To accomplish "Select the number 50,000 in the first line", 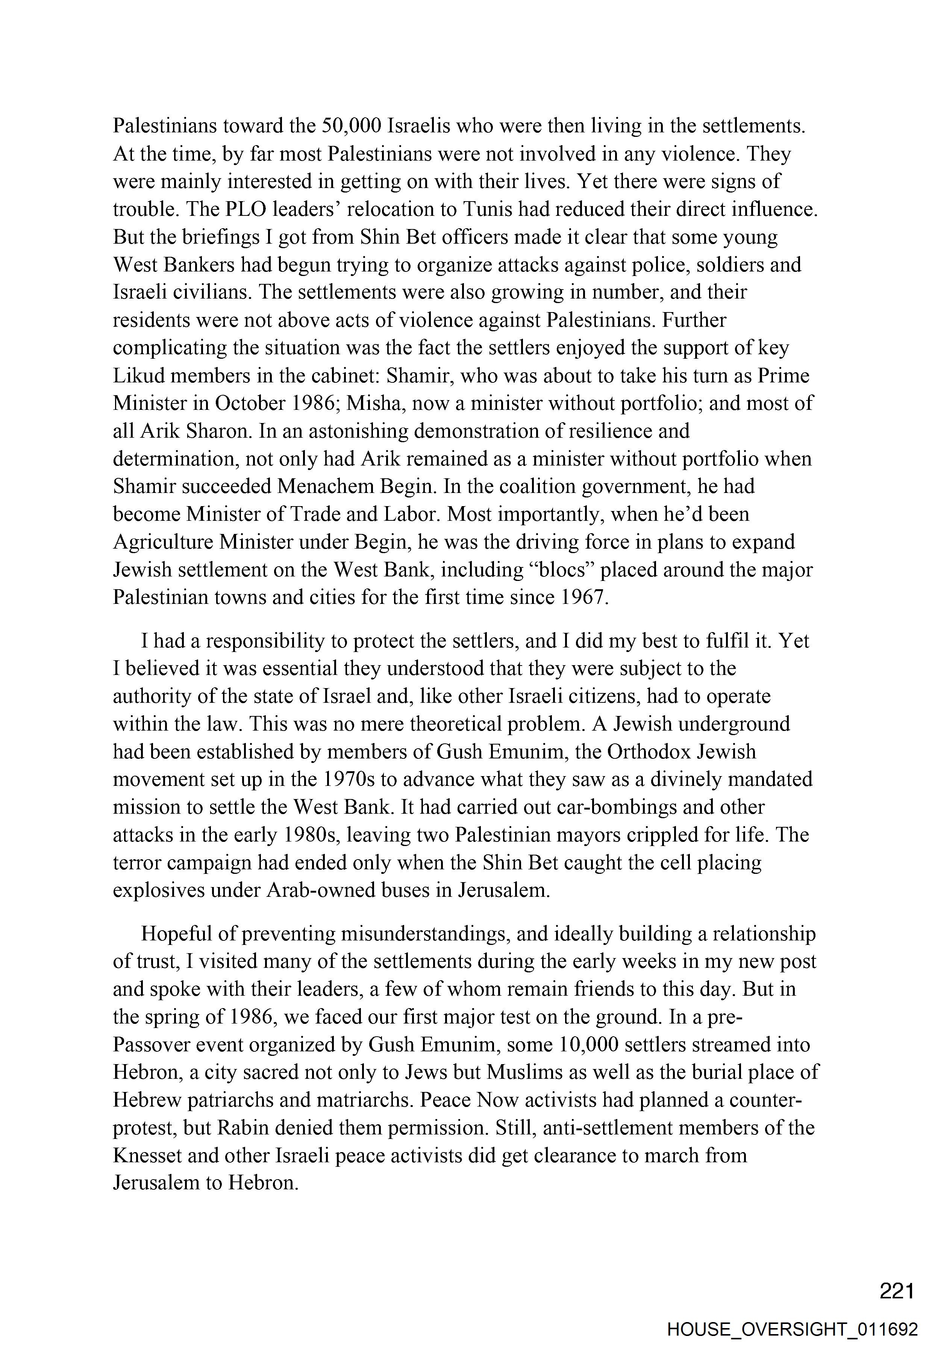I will (x=351, y=126).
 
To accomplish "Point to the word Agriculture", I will (x=163, y=542).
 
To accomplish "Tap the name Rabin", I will (x=243, y=1128).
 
